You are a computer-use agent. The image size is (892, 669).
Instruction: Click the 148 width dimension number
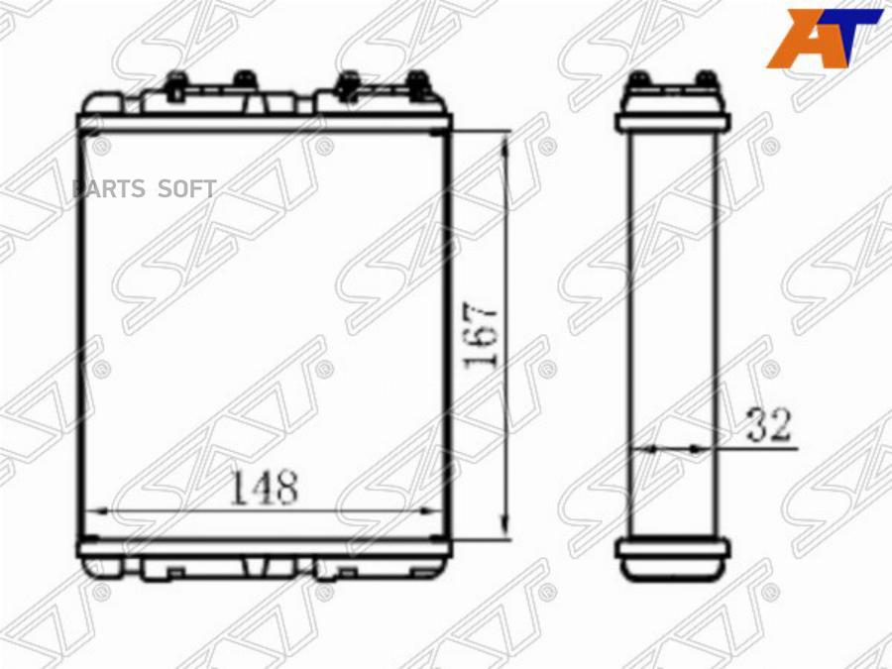point(264,488)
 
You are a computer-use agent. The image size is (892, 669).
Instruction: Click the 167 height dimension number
point(482,338)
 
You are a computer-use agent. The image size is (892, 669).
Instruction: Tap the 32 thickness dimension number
point(768,425)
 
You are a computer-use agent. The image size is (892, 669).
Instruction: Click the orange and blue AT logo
point(824,38)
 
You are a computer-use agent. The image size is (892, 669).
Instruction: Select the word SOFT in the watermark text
point(186,189)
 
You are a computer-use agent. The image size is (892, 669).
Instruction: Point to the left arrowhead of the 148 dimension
point(99,510)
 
